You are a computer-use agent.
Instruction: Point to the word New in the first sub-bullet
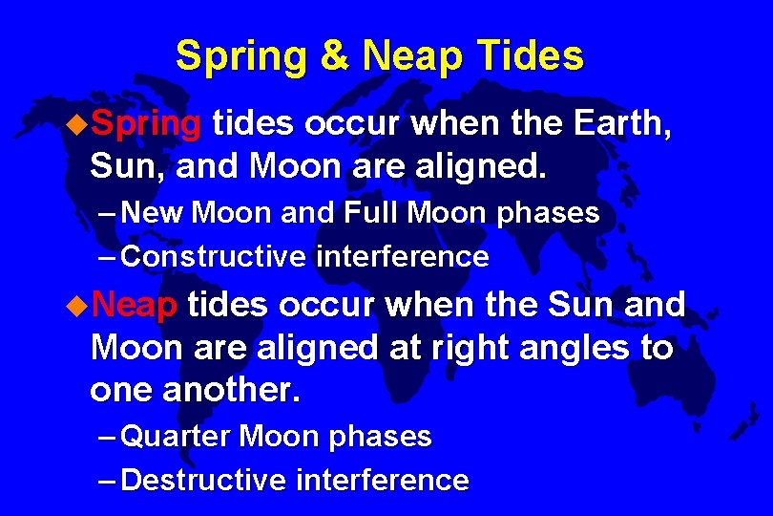pyautogui.click(x=154, y=214)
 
